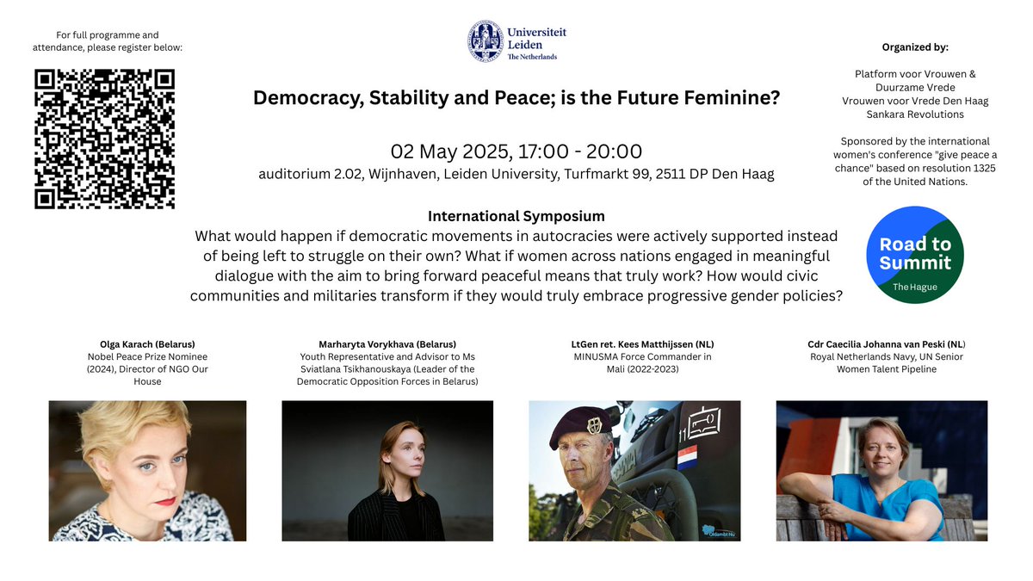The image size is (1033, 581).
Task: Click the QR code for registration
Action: pos(104,139)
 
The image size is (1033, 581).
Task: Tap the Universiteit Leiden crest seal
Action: pos(486,40)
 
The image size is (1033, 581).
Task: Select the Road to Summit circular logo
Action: pos(914,254)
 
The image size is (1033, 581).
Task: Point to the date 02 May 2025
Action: pos(448,151)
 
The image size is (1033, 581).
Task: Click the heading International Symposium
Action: pos(516,216)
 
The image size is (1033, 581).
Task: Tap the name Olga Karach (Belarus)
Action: pos(147,344)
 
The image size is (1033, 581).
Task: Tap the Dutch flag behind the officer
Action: pos(687,457)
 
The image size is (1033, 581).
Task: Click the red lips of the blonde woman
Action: pos(166,501)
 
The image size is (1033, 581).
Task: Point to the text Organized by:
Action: pos(915,47)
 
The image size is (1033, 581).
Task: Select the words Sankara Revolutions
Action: pos(915,114)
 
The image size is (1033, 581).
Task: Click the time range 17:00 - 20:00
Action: pos(579,151)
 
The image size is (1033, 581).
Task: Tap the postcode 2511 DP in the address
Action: pos(714,175)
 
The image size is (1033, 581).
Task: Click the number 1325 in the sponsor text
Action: pos(980,168)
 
